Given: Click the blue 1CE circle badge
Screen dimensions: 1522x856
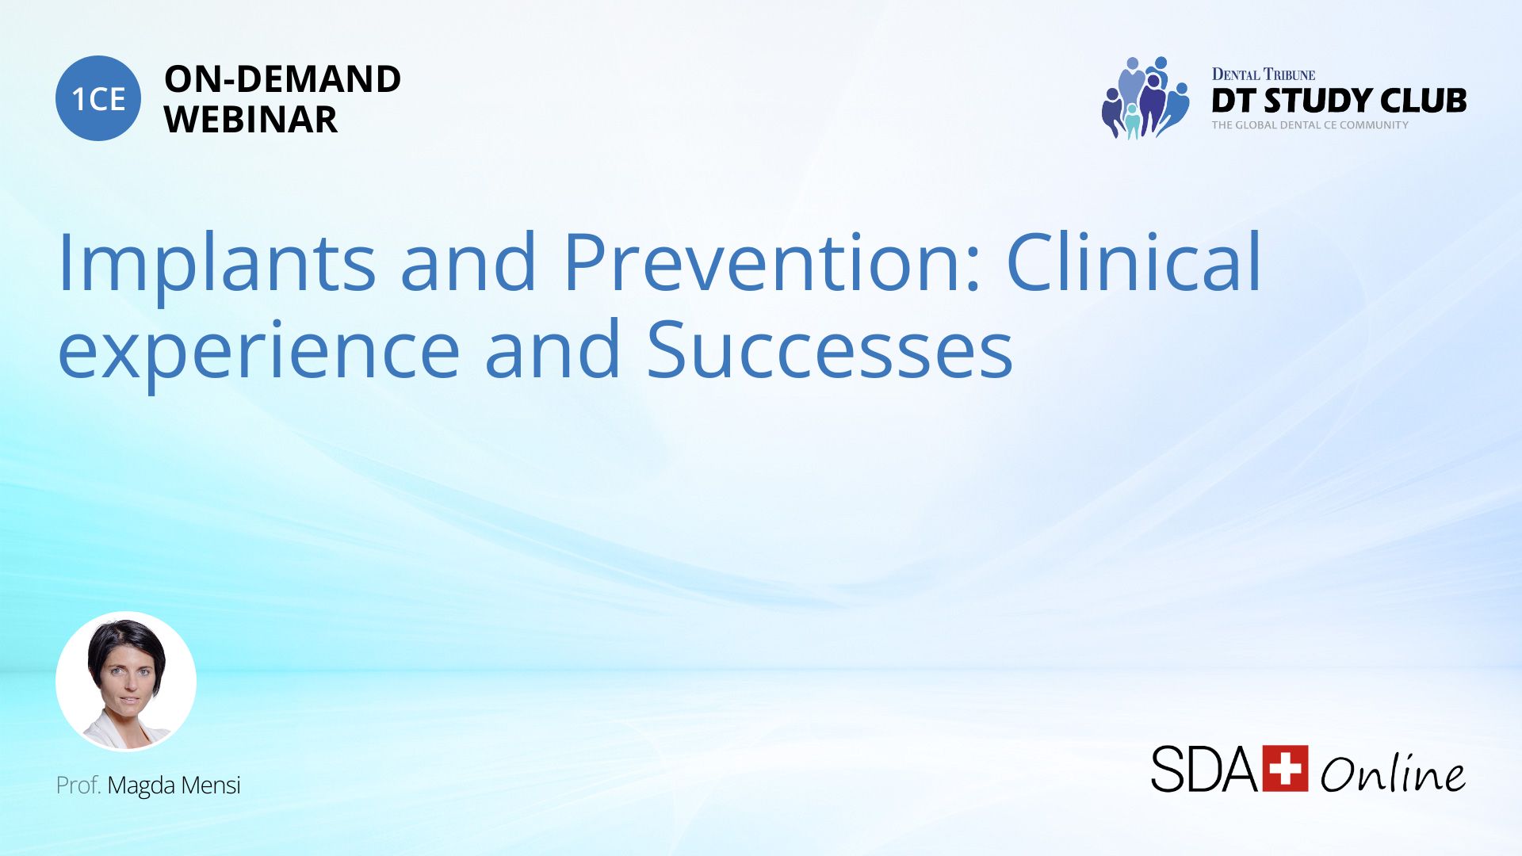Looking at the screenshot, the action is [x=98, y=98].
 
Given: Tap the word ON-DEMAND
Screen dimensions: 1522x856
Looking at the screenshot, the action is [x=282, y=79].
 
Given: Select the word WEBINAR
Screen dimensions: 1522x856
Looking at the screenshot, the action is [x=250, y=120].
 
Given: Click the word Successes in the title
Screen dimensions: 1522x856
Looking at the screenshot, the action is [x=830, y=349].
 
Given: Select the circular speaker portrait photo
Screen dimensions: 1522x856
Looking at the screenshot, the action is [x=126, y=681].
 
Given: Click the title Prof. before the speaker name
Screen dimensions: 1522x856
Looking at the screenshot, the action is [x=78, y=785].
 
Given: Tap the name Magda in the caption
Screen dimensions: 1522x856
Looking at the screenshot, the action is [x=141, y=786].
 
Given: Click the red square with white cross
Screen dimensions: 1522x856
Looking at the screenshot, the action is [x=1285, y=768].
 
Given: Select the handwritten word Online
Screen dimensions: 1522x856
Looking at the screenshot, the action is [x=1393, y=772].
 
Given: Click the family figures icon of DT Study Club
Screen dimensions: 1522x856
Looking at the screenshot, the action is [x=1145, y=97].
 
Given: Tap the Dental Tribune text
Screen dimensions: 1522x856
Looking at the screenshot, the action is [x=1264, y=75].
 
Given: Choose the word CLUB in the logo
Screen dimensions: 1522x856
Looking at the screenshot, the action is [x=1424, y=101].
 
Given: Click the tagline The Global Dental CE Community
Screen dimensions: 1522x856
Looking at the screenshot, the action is [x=1310, y=125].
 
